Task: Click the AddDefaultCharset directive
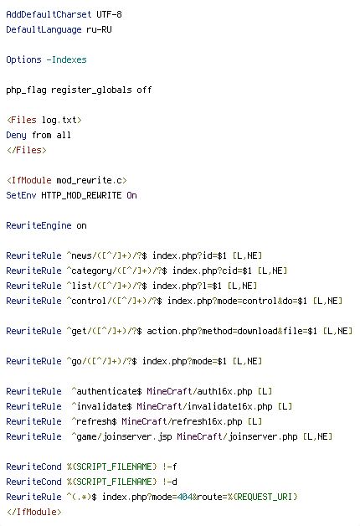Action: point(49,14)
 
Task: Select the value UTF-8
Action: point(110,14)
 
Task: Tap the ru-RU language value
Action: point(100,29)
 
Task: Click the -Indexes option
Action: point(66,59)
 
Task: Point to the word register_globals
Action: point(91,90)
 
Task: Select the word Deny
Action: point(16,135)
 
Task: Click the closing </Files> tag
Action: point(27,150)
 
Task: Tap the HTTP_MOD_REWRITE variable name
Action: point(81,195)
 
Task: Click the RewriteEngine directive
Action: point(39,225)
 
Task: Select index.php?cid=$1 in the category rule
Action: point(212,271)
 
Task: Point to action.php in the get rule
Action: point(172,331)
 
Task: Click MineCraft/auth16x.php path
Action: point(199,391)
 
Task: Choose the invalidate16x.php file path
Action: point(229,406)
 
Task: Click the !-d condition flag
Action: point(170,482)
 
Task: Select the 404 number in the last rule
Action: point(184,497)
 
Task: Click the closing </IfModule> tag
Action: point(33,512)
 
